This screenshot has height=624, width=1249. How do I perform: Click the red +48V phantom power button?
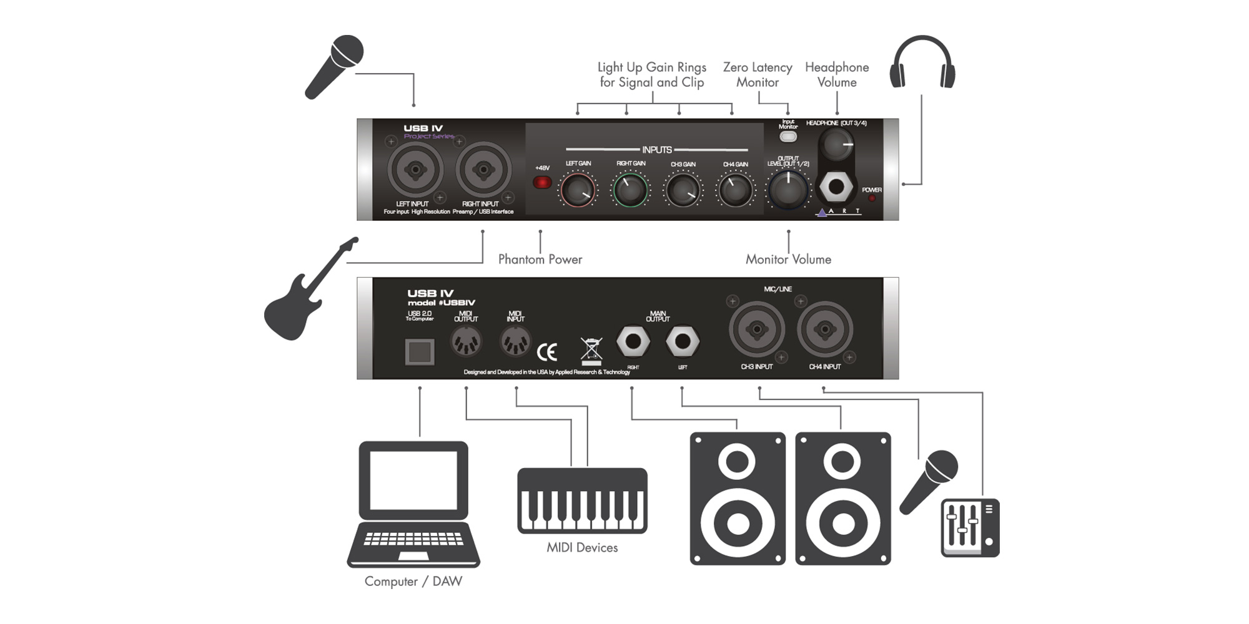[x=542, y=182]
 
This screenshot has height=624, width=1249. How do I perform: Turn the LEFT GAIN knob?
[x=578, y=190]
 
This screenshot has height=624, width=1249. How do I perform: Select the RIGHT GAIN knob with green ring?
[x=630, y=190]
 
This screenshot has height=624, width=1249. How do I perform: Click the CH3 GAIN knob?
[x=683, y=190]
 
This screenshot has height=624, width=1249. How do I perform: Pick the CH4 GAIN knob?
[x=735, y=190]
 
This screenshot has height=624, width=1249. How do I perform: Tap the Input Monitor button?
[x=788, y=137]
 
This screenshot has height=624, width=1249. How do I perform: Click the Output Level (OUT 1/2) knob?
[x=788, y=188]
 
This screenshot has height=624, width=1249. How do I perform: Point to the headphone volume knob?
[x=837, y=145]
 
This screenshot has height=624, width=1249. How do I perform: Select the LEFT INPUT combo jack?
[x=415, y=169]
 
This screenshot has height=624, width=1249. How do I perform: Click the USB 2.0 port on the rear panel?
[x=419, y=353]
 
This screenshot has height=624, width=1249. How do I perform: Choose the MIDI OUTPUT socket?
[x=466, y=341]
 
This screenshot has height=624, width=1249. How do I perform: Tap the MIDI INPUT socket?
[x=515, y=341]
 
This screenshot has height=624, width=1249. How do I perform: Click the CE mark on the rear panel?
[x=547, y=353]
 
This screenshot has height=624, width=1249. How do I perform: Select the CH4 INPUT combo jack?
[x=824, y=329]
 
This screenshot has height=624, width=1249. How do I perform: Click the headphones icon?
[x=922, y=62]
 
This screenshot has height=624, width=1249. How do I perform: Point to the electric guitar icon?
[x=306, y=293]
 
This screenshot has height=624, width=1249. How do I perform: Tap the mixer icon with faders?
[x=970, y=527]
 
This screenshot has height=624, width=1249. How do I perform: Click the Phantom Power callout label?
[x=540, y=260]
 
